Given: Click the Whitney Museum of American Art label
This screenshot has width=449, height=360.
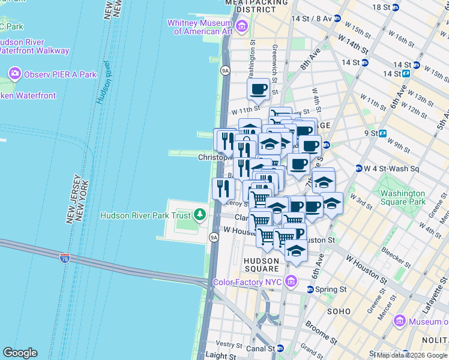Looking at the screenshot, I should tap(202, 27).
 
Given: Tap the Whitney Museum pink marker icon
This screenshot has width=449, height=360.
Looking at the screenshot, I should tap(242, 26).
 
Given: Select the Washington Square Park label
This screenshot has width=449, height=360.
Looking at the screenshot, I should tap(403, 199).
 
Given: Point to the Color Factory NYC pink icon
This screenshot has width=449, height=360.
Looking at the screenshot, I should tap(291, 281).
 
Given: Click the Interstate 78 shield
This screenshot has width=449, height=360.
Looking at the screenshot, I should tap(65, 259).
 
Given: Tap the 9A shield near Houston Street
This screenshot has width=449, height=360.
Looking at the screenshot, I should tap(214, 238).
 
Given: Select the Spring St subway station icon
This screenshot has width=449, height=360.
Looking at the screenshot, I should tap(310, 289).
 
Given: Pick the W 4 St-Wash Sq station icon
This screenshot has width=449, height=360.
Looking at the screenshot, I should tap(358, 169).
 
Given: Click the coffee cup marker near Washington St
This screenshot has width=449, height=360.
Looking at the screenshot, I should tap(259, 89).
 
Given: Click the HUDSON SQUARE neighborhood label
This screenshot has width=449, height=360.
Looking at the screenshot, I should tap(262, 265).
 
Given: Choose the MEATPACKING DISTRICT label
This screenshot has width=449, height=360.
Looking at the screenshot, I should tap(259, 6).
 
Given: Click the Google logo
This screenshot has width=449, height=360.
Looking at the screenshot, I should tap(20, 353).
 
